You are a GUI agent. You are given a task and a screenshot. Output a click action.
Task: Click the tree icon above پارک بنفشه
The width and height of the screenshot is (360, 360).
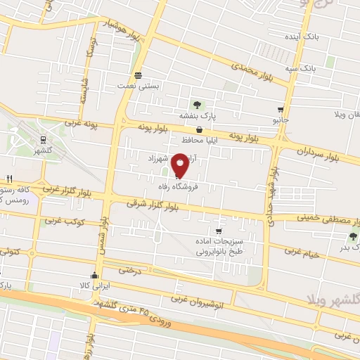click(196, 105)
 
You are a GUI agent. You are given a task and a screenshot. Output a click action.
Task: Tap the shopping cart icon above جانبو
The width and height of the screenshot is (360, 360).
click(281, 110)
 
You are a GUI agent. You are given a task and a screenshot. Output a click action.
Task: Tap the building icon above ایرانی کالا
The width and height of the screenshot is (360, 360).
click(94, 275)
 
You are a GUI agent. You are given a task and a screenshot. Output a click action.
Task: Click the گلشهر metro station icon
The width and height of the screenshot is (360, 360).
click(42, 139)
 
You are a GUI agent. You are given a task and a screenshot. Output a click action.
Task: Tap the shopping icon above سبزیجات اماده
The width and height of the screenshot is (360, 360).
click(219, 231)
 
